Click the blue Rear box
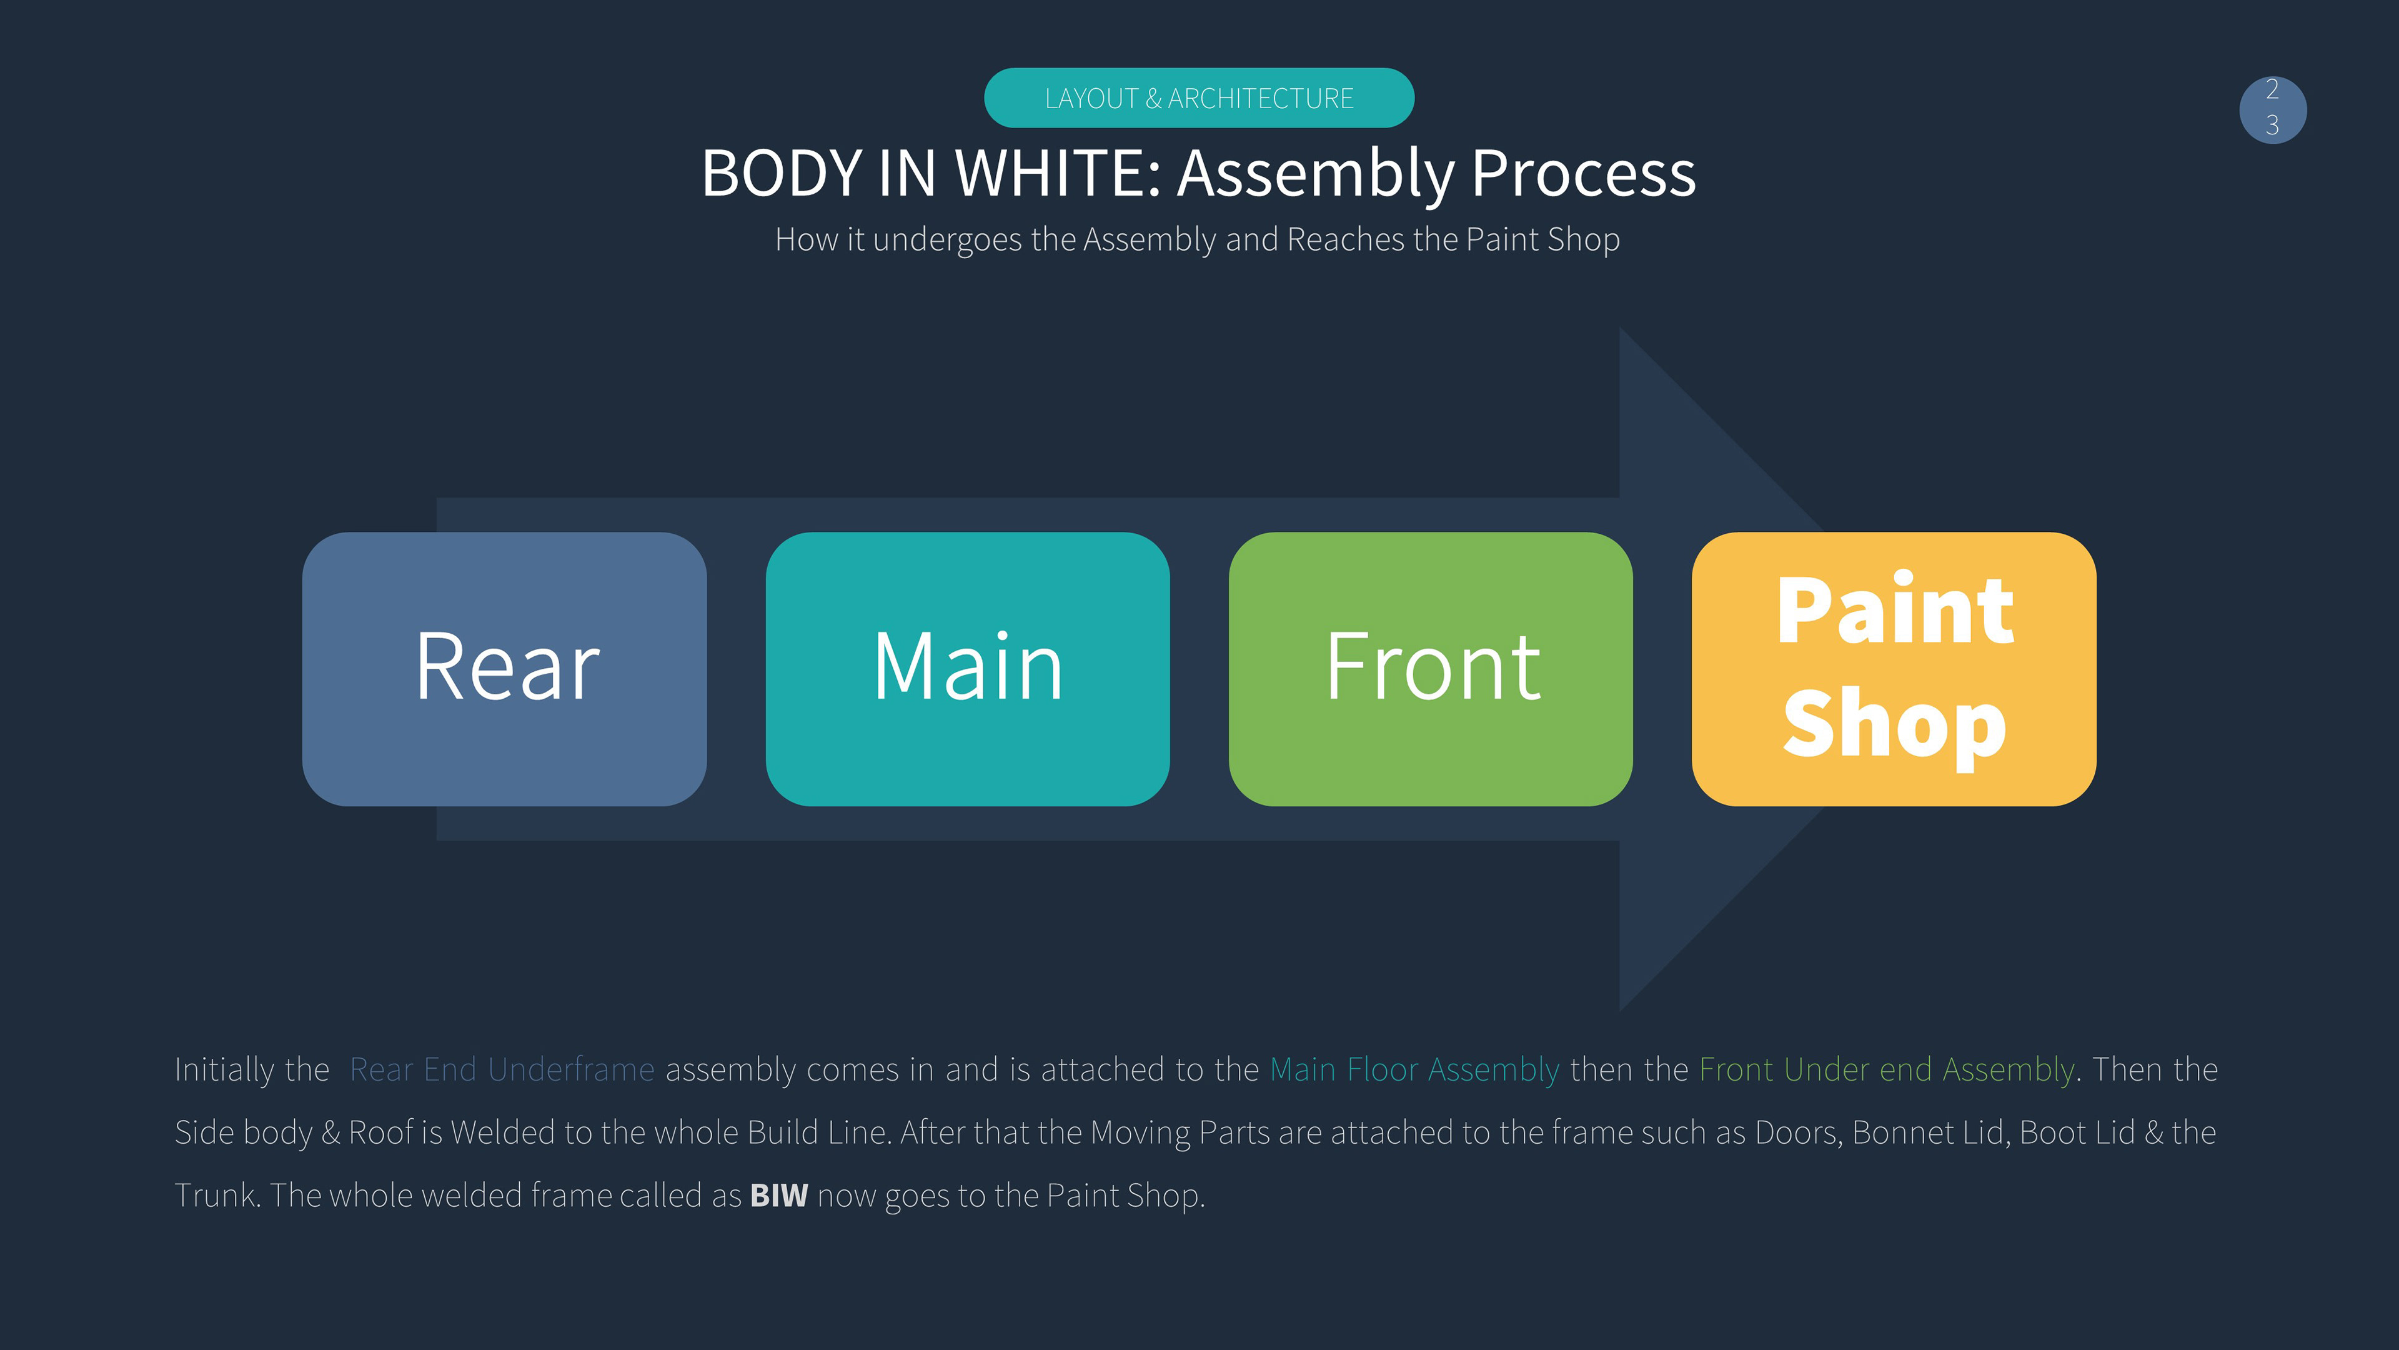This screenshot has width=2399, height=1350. coord(504,669)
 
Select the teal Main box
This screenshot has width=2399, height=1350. coord(968,669)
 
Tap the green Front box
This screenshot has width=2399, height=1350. coord(1431,669)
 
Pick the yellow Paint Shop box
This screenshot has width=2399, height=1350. coord(1894,669)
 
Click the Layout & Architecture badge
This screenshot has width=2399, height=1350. coord(1199,98)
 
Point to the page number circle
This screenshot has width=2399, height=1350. coord(2273,110)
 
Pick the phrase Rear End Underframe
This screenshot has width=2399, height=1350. coord(502,1069)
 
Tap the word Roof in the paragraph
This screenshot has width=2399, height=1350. coord(381,1133)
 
